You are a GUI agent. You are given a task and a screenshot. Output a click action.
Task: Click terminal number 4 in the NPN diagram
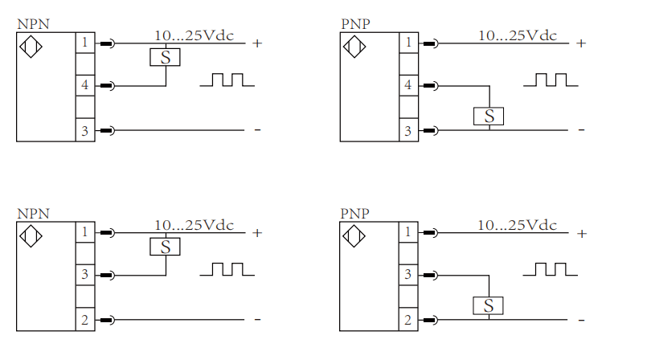tap(85, 85)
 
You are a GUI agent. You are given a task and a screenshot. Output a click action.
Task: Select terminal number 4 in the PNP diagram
tap(408, 85)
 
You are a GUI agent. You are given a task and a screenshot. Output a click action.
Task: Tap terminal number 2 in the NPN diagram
tap(85, 320)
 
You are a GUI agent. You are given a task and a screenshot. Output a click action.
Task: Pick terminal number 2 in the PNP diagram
tap(408, 320)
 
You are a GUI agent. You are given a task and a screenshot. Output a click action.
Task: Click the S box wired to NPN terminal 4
tap(165, 57)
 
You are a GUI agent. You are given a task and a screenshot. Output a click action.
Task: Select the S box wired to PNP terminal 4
tap(489, 116)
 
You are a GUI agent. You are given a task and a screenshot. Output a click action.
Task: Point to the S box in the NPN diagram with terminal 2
tap(165, 247)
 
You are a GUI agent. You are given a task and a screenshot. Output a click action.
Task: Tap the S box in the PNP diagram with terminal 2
tap(488, 305)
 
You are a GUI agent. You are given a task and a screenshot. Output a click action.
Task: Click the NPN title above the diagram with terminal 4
tap(33, 24)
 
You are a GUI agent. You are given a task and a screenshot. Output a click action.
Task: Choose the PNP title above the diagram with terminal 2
tap(355, 214)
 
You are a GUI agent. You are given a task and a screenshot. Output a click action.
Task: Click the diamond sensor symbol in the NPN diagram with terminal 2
tap(31, 237)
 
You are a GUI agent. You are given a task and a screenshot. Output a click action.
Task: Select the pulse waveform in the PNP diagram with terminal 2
tap(550, 268)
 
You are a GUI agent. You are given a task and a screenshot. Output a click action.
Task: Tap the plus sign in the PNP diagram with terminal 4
tap(581, 43)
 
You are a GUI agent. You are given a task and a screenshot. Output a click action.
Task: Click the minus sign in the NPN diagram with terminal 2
tap(257, 320)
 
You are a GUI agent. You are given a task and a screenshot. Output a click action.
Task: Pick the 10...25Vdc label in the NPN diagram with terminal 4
tap(194, 35)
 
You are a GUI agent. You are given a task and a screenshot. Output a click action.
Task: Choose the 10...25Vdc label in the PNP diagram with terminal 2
tap(517, 225)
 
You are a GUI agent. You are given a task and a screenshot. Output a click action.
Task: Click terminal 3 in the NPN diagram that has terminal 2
tap(85, 275)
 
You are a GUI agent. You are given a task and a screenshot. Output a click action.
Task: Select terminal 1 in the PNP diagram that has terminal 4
tap(408, 42)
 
